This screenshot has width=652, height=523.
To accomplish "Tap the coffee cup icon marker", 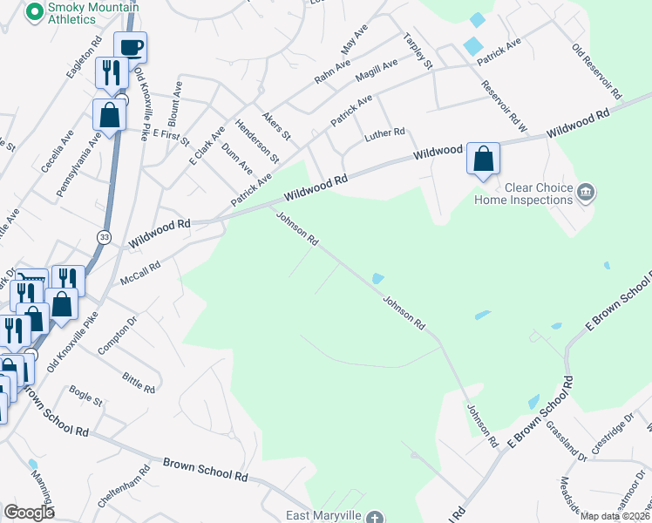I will coord(130,47).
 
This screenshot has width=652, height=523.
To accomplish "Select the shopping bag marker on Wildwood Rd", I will coord(483,159).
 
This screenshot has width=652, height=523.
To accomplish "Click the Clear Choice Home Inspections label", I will coord(524,194).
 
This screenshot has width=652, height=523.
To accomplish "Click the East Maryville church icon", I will coord(375,517).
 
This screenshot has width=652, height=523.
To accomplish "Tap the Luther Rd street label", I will coord(385,134).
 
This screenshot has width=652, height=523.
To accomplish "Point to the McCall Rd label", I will coord(141,276).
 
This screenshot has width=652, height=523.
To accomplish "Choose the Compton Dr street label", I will coord(118,335).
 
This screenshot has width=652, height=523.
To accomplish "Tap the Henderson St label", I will coord(257,142).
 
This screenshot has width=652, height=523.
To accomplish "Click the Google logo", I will coord(29,513).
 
